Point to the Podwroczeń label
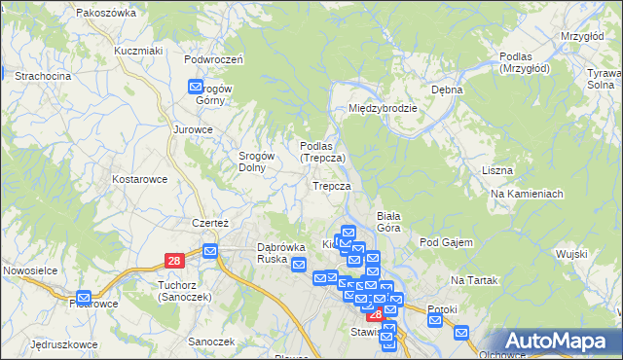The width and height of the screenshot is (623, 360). pyautogui.click(x=213, y=58)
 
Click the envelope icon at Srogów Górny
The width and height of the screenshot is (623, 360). pyautogui.click(x=196, y=87)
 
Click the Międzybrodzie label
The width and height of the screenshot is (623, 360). pyautogui.click(x=384, y=108)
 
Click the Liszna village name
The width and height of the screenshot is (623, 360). pyautogui.click(x=496, y=170)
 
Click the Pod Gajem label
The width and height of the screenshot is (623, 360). pyautogui.click(x=446, y=242)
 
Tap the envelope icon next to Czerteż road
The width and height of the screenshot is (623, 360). pyautogui.click(x=210, y=251)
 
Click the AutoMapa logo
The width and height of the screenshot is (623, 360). pyautogui.click(x=563, y=340)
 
